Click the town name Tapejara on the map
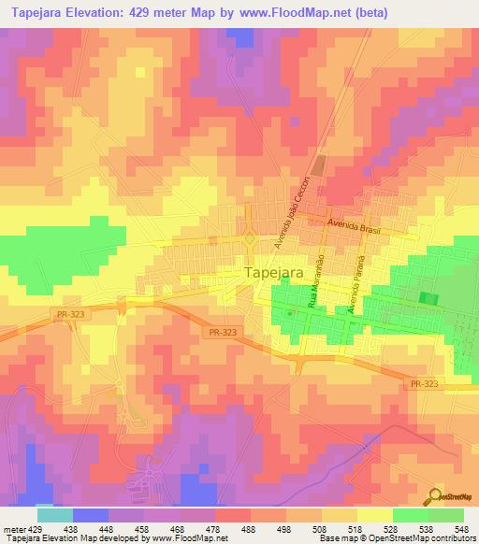click(x=273, y=272)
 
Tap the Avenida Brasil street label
click(x=353, y=224)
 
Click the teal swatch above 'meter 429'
click(x=54, y=515)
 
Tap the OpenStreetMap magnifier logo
click(x=437, y=496)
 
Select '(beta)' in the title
click(x=362, y=12)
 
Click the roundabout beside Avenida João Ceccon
click(x=249, y=239)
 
